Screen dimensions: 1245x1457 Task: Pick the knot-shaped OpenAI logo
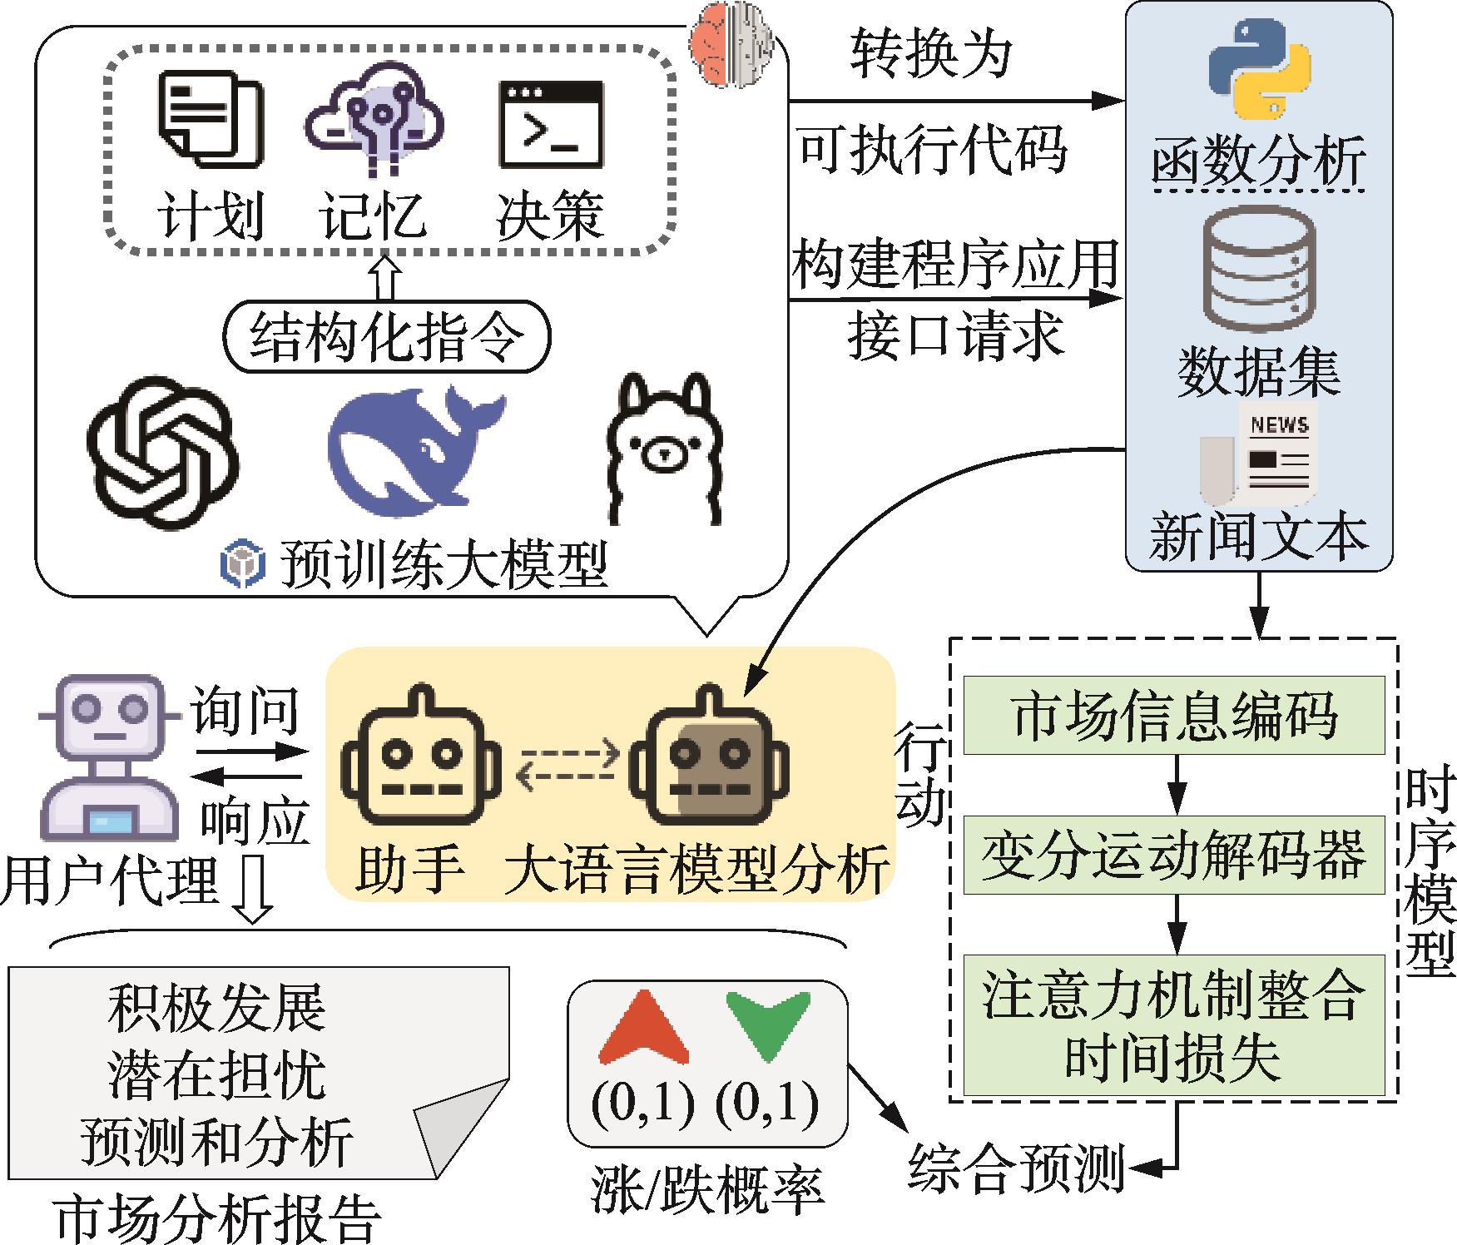click(x=163, y=454)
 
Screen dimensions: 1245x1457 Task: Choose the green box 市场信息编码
click(x=1174, y=715)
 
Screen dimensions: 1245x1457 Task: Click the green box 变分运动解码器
click(x=1174, y=856)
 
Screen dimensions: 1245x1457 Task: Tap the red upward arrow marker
click(x=645, y=1029)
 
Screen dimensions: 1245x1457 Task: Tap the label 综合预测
click(x=1016, y=1168)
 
